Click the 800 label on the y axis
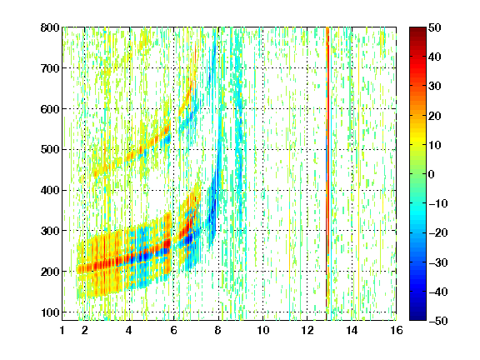50,27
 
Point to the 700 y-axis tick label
50,68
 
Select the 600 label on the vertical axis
50,109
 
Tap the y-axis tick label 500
50,150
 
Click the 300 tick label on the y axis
50,231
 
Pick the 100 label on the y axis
50,312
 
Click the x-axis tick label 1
62,330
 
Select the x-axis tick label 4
129,330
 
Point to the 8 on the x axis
218,330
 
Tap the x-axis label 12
307,330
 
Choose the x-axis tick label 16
397,330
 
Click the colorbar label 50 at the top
435,27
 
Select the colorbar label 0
432,174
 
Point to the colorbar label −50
438,321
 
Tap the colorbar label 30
435,87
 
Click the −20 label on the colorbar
438,233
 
